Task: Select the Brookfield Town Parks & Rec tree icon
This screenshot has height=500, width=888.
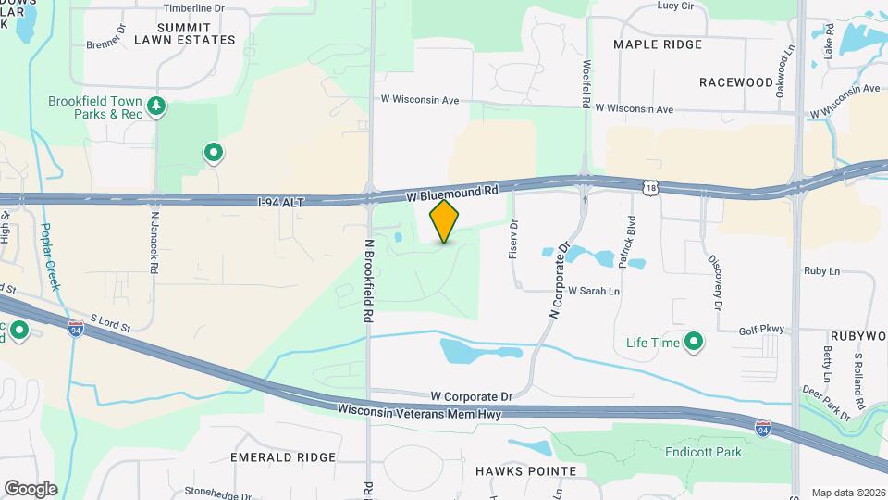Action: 158,106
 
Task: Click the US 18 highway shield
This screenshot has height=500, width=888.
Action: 652,189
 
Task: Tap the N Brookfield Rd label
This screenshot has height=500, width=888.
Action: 368,281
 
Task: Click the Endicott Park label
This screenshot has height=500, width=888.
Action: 703,453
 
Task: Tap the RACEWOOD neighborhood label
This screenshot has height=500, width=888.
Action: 736,81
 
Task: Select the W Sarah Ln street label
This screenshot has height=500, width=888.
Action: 594,291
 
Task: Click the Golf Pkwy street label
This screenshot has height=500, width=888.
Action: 761,330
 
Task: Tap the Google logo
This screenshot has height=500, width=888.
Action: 31,489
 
